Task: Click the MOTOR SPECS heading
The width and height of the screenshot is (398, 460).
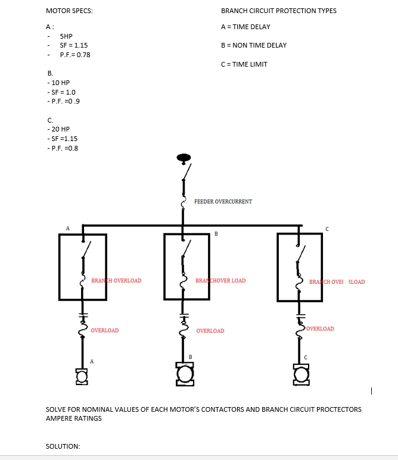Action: coord(69,11)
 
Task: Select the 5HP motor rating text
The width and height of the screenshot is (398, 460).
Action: coord(66,36)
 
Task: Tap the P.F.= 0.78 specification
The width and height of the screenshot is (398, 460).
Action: coord(75,55)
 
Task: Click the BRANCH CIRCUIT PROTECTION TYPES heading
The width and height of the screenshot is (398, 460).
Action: coord(278,11)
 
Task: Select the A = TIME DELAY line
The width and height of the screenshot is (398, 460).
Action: coord(245,27)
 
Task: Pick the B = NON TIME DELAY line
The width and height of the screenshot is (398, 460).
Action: coord(253,45)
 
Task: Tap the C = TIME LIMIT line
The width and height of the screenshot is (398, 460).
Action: coord(244,64)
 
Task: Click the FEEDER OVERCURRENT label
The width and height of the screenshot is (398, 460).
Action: coord(223,202)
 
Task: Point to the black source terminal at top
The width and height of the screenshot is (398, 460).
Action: coord(184,158)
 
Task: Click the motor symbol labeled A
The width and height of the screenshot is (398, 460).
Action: coord(82,375)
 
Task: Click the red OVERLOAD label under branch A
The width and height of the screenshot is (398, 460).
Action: coord(105,330)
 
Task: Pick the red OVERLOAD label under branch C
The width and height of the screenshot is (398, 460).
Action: coord(321,328)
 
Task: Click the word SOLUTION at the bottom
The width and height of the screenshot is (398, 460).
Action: coord(63,446)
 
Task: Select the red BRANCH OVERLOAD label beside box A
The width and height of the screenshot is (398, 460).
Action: coord(116,281)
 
